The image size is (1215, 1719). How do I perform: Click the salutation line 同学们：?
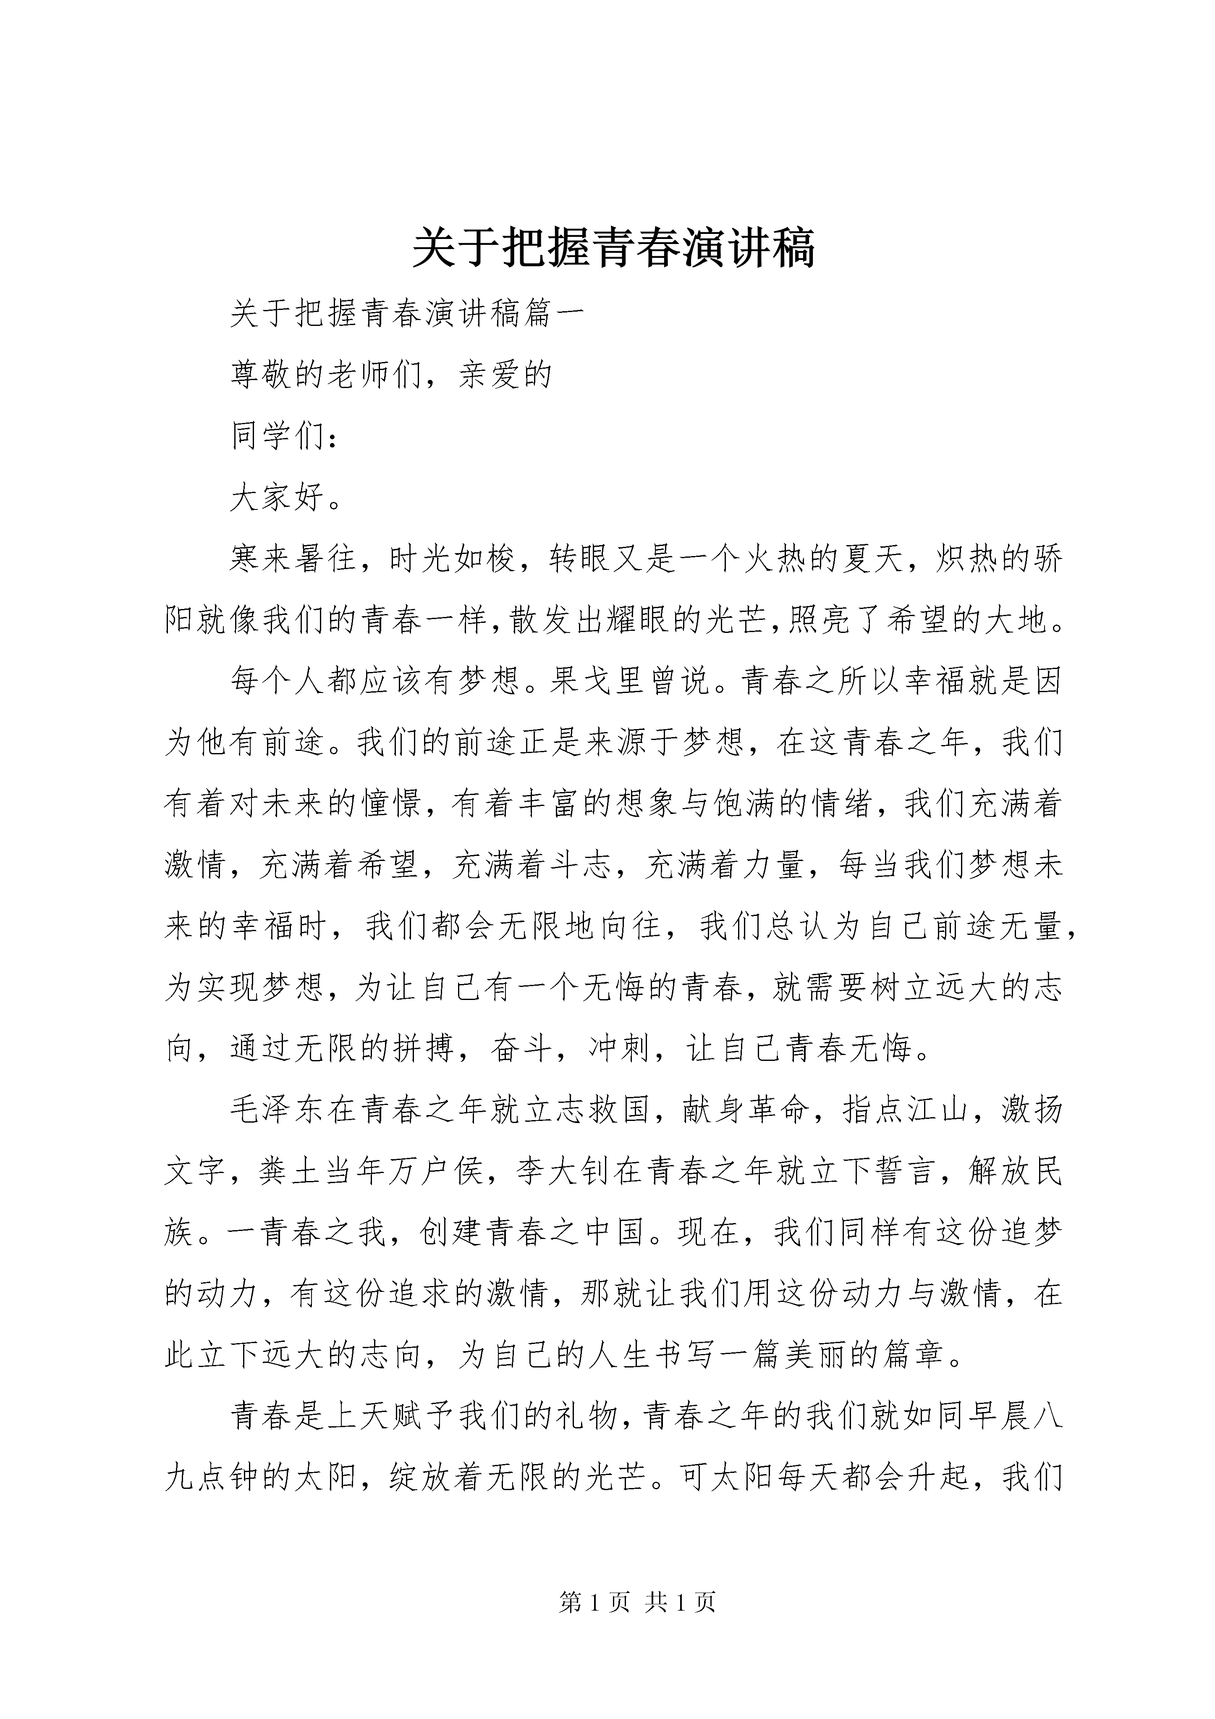click(x=285, y=436)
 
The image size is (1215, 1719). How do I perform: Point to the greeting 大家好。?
click(x=285, y=498)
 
